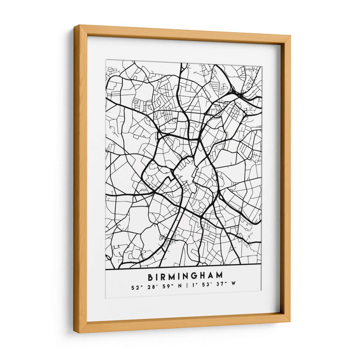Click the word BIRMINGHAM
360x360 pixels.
pyautogui.click(x=184, y=274)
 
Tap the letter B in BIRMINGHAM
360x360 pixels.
pyautogui.click(x=150, y=274)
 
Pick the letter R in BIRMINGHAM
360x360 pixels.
pyautogui.click(x=163, y=274)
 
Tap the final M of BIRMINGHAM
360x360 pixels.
pyautogui.click(x=220, y=274)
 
